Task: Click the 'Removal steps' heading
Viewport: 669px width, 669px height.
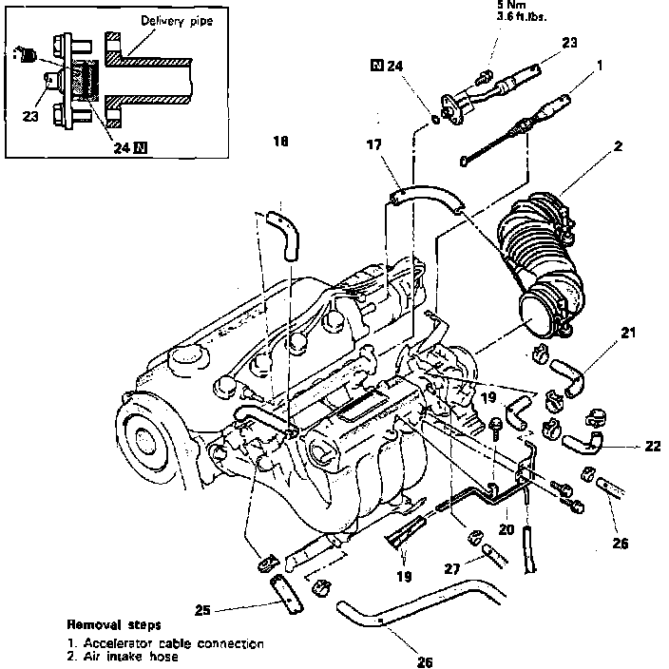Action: pyautogui.click(x=113, y=627)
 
